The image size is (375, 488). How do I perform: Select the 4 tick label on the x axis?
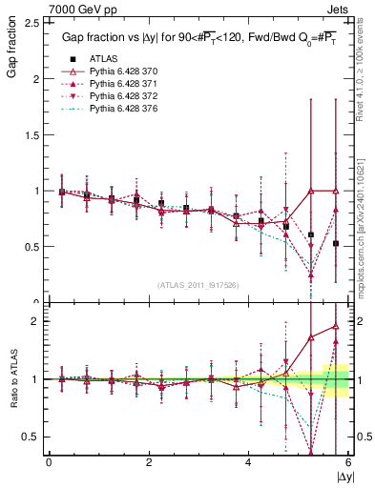point(248,461)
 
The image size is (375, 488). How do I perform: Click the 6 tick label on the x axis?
point(347,461)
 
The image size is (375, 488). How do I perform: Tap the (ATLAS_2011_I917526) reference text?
point(198,284)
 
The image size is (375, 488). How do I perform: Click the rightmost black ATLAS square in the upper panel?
point(336,244)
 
